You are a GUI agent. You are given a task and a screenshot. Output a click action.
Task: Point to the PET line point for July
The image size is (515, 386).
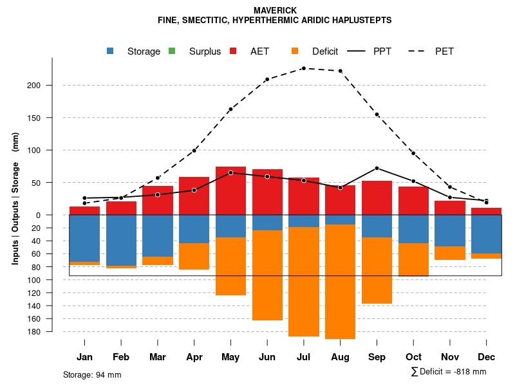303,68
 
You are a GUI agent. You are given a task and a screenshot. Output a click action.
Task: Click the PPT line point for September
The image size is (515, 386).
377,168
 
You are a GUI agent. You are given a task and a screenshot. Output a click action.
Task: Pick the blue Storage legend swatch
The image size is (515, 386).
111,51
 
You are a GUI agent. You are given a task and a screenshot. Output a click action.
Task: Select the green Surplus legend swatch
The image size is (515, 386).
171,51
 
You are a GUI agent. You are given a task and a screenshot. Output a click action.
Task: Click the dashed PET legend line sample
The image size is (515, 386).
420,51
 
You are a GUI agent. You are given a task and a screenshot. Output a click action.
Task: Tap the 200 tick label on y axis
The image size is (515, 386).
52,86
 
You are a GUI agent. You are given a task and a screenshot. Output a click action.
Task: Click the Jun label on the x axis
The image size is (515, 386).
267,357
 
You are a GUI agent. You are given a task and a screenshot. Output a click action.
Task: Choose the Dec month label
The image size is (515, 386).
486,357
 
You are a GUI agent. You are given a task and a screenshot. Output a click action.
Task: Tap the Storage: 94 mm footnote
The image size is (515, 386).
92,374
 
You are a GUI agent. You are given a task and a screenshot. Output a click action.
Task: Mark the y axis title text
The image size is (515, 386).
15,198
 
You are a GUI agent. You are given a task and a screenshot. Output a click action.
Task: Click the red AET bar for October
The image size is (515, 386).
413,201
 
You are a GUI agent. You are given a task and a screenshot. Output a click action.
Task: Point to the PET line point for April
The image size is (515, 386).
194,151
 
